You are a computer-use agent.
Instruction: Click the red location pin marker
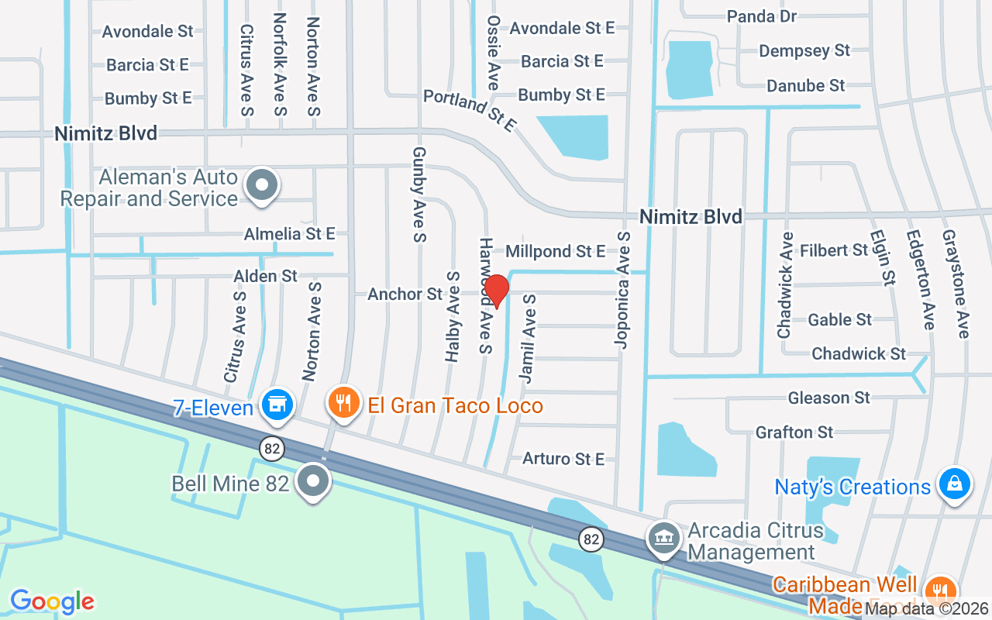coord(496,290)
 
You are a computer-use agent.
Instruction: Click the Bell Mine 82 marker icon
coord(313,481)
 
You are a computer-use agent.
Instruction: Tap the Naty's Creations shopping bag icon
coord(955,484)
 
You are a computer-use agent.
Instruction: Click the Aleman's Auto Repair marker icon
coord(262,186)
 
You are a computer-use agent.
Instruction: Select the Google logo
coord(52,601)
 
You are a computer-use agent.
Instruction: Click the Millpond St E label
coord(555,251)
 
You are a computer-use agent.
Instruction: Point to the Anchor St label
coord(405,294)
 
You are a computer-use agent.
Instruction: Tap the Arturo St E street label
coord(563,459)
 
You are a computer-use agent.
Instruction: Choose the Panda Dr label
coord(762,15)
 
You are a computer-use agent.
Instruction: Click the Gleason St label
coord(829,398)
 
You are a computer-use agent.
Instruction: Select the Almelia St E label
coord(289,233)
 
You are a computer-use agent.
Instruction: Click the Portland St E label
coord(469,110)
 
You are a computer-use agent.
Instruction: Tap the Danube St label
coord(806,85)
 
